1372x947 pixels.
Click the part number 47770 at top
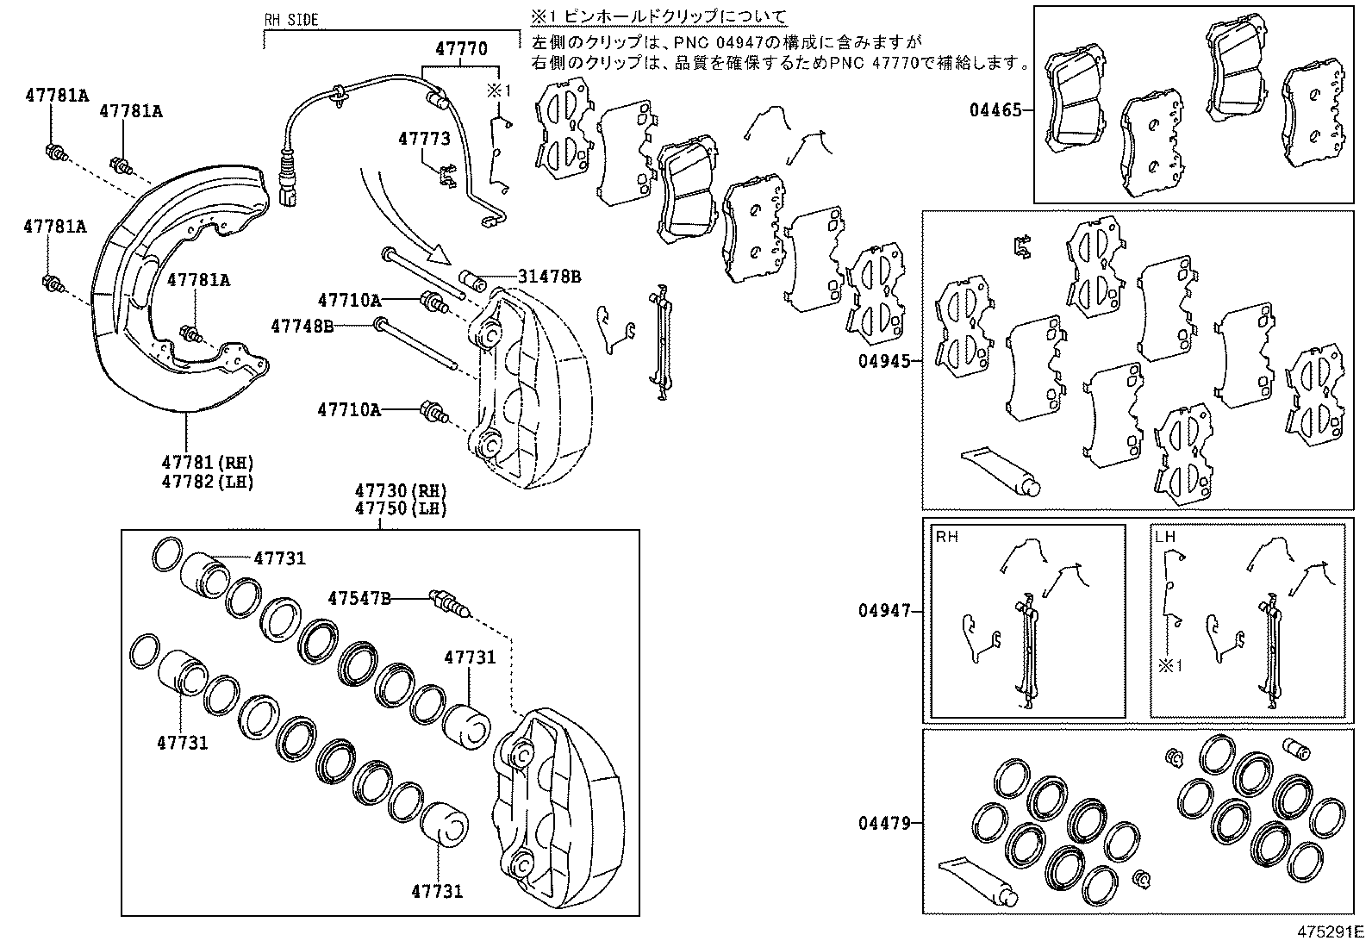[461, 49]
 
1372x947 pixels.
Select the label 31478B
[549, 277]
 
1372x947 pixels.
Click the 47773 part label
[424, 138]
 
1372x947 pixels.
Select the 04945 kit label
[883, 361]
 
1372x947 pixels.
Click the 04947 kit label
[884, 611]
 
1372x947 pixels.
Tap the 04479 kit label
[884, 823]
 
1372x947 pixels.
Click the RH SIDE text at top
[291, 19]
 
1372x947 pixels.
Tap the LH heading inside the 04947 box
[1164, 536]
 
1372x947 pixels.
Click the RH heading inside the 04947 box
[946, 536]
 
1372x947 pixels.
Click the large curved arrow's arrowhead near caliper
[440, 254]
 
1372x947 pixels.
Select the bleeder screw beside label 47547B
[449, 604]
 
